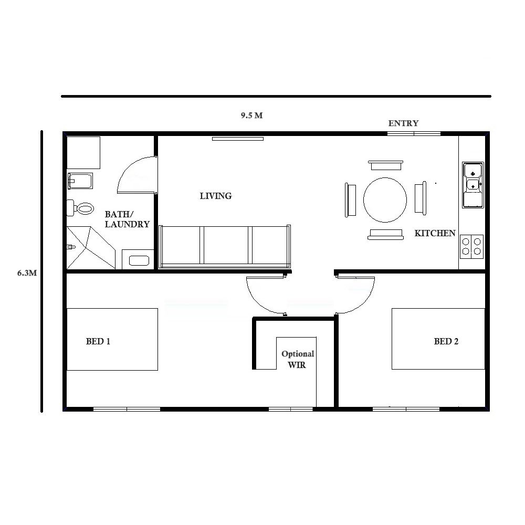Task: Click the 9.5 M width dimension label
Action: (x=251, y=115)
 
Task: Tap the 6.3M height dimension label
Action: (x=27, y=273)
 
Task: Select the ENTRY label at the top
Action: (x=403, y=123)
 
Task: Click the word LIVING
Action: (x=216, y=196)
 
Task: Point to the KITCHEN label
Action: (x=435, y=233)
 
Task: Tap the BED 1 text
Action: (x=98, y=341)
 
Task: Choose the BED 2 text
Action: (x=446, y=341)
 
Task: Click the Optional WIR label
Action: (x=298, y=359)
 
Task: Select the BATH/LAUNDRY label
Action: (x=127, y=219)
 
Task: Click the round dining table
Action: (x=385, y=199)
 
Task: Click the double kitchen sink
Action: (x=473, y=184)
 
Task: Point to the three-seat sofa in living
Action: (x=225, y=246)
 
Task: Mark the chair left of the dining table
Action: (x=350, y=199)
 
